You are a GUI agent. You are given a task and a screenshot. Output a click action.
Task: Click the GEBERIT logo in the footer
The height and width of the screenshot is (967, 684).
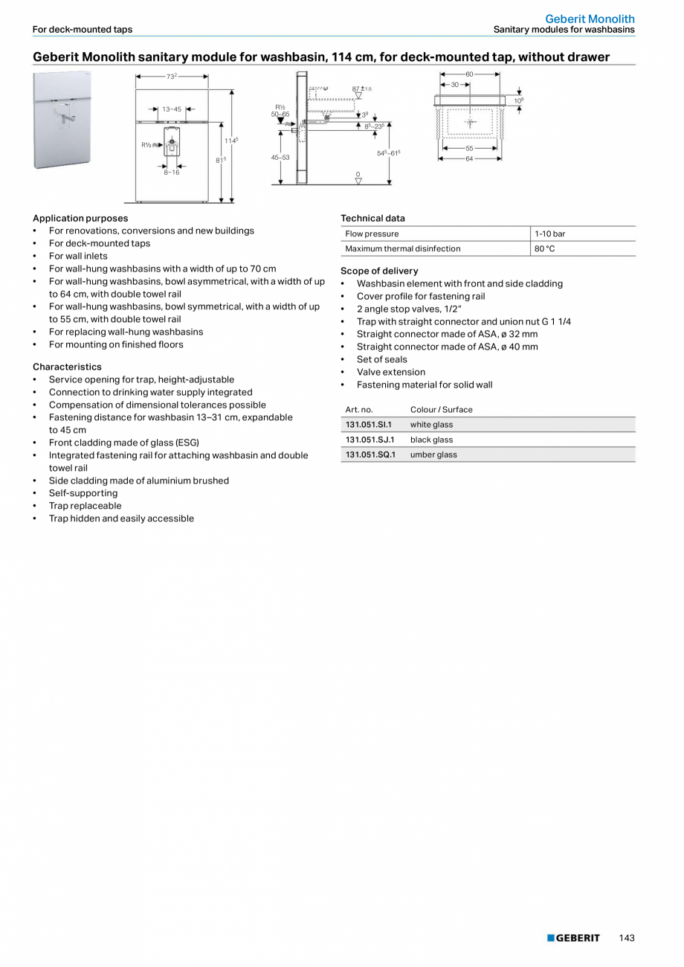[x=573, y=938]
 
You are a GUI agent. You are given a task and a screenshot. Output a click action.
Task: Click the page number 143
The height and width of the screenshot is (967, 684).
[x=627, y=938]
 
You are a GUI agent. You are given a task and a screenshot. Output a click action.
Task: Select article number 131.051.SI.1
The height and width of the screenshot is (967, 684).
[x=369, y=425]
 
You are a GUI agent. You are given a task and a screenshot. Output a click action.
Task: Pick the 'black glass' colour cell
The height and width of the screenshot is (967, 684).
[x=431, y=440]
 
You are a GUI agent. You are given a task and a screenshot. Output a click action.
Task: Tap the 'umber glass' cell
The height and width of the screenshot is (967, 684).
[x=433, y=454]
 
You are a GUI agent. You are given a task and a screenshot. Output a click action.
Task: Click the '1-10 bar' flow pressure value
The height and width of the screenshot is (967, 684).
[x=549, y=234]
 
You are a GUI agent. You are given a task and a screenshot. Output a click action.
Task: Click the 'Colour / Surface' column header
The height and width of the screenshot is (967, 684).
[x=441, y=410]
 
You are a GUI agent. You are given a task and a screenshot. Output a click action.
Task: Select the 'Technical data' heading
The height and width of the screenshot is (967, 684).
[x=372, y=218]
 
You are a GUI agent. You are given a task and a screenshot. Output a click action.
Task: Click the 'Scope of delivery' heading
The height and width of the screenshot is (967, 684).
[x=379, y=271]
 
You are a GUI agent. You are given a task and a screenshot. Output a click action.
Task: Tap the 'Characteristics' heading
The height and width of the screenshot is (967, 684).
[x=67, y=367]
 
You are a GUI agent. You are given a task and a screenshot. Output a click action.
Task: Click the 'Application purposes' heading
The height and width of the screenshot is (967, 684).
[x=80, y=218]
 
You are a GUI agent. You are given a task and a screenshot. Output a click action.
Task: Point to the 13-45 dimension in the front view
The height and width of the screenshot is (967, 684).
[x=172, y=109]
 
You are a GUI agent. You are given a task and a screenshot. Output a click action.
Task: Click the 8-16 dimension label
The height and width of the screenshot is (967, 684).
[x=172, y=172]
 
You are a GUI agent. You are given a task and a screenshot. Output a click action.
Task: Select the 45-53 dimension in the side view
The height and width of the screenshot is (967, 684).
[x=280, y=158]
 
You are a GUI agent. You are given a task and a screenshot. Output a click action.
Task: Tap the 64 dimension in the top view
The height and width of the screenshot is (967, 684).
[x=469, y=158]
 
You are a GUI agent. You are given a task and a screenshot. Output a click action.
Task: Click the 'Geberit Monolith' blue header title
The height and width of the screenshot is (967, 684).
[x=590, y=19]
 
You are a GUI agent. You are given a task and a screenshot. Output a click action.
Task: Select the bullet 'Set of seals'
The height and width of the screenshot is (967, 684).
[x=381, y=359]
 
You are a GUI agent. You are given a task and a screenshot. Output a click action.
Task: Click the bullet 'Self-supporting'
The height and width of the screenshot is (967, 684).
[x=83, y=493]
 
